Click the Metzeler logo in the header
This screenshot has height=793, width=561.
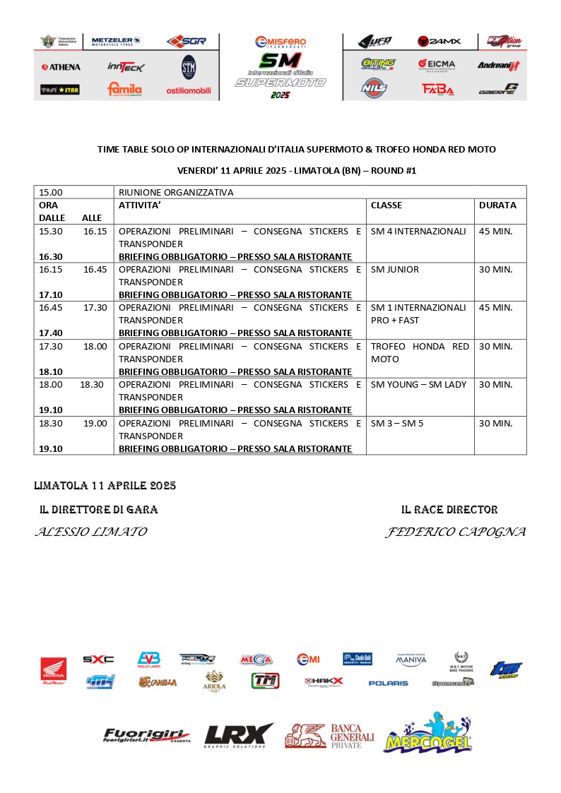116,42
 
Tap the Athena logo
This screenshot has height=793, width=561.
61,67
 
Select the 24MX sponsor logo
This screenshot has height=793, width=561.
439,41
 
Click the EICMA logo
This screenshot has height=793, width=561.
437,65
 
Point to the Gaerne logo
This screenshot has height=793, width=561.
498,89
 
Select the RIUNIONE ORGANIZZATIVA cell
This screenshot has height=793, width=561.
176,192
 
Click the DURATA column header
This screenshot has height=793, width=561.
497,205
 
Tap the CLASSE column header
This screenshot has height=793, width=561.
386,205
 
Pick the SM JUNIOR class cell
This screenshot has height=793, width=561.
395,269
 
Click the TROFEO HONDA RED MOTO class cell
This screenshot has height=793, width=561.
420,352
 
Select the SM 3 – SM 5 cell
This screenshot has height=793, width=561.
397,423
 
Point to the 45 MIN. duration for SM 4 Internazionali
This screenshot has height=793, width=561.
496,231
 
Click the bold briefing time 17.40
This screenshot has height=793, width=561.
51,333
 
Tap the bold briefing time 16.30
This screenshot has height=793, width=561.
51,256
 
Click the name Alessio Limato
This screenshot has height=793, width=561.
91,532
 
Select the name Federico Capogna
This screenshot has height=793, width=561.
456,532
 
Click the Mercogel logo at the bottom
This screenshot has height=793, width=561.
428,734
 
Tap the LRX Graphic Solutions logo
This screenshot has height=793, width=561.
238,736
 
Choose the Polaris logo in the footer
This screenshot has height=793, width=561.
388,683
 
